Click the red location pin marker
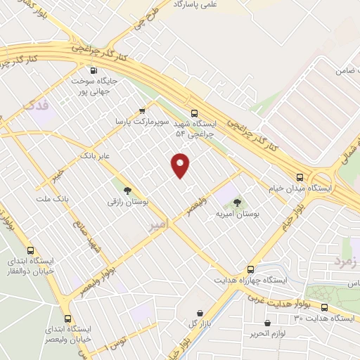(x=181, y=165)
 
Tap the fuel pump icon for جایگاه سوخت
(x=94, y=70)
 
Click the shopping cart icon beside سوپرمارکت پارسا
(x=143, y=110)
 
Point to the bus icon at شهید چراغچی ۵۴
(x=194, y=112)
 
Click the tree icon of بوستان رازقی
(x=127, y=191)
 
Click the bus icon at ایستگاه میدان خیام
(x=300, y=178)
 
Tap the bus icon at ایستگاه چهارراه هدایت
(x=250, y=269)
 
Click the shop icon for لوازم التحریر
(x=267, y=323)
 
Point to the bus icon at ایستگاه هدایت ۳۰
(x=324, y=307)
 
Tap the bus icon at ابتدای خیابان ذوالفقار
(x=30, y=250)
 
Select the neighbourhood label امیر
(x=160, y=226)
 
